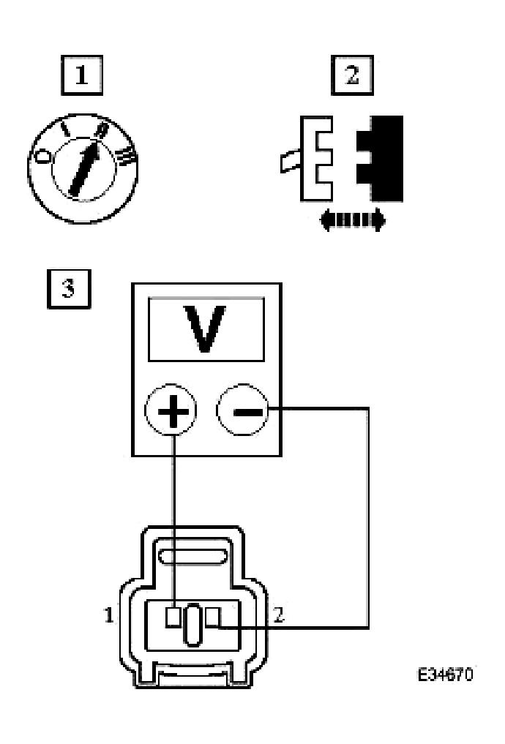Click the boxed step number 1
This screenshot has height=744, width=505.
[82, 75]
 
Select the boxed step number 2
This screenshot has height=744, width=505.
[352, 75]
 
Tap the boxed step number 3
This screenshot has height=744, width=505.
[69, 288]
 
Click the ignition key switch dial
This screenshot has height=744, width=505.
[83, 168]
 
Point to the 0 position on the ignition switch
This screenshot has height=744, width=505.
[42, 156]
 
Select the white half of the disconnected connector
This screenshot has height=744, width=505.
[315, 159]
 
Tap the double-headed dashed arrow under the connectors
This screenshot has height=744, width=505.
[353, 220]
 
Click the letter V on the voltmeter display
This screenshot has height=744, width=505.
[206, 328]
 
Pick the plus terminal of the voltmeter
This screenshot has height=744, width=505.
[170, 409]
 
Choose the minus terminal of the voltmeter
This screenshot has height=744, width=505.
[242, 409]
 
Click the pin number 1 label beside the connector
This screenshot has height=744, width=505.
[109, 616]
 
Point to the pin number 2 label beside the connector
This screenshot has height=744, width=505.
[279, 615]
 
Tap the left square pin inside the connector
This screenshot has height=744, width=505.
[173, 617]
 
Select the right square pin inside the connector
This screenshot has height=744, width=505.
[213, 617]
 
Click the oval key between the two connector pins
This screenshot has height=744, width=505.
[192, 625]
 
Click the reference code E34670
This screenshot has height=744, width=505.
[445, 675]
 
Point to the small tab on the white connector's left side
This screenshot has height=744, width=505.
[291, 162]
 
